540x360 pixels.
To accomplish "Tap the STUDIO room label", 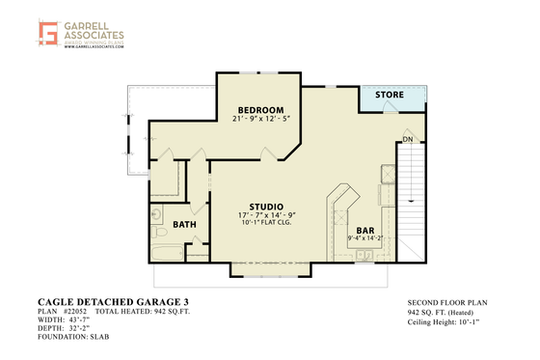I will (x=266, y=207).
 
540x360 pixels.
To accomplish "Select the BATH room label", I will (x=184, y=225).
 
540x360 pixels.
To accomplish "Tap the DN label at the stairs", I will (x=408, y=138).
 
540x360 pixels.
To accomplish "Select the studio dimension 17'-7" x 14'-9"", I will (x=266, y=215).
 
